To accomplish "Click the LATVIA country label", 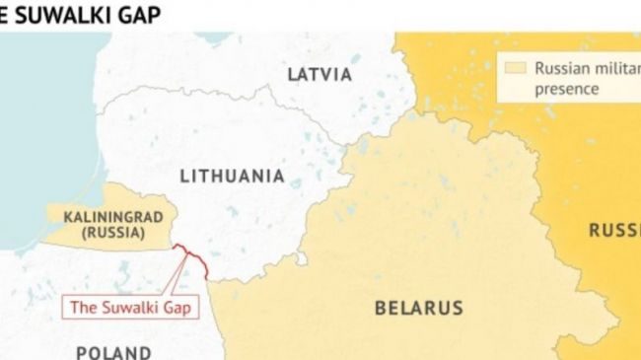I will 319,75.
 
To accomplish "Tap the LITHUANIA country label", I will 232,177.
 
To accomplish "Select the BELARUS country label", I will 418,309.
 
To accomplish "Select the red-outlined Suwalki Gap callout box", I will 131,307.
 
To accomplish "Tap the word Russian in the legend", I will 562,69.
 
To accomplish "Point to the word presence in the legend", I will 567,88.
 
